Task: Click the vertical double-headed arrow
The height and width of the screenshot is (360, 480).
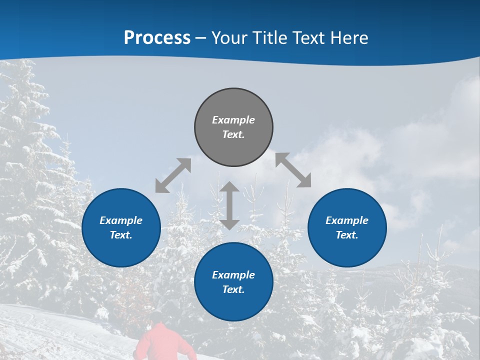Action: pos(229,205)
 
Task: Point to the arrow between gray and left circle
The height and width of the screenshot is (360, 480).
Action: pos(173,175)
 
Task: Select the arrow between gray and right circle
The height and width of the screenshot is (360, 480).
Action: pos(293,170)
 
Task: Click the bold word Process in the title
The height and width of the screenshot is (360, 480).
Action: pos(157,37)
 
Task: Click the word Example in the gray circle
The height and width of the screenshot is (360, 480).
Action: pos(233,120)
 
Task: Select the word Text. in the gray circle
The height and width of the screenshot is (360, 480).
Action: pos(233,134)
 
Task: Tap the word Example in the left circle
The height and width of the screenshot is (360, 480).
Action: pos(121,220)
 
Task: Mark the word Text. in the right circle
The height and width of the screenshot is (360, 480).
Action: pos(347,235)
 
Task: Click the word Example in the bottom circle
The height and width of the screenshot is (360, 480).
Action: pos(233,275)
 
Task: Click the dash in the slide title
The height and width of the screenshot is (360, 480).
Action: pos(201,38)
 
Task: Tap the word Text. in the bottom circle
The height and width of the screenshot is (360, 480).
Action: pos(233,289)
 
